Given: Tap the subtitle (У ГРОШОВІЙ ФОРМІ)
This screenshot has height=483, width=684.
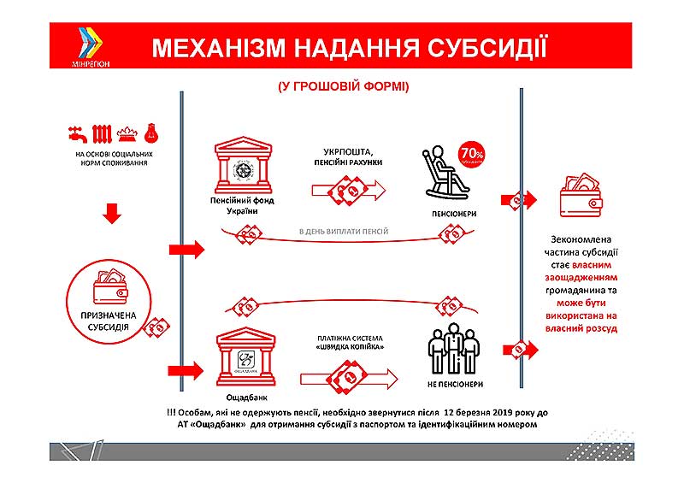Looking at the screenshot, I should tap(342, 86).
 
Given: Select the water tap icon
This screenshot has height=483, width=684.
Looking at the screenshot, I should tap(76, 135).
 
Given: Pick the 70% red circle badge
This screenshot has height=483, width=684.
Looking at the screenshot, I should tap(472, 154).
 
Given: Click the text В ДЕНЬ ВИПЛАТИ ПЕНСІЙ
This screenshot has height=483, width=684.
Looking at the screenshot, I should tap(343, 232).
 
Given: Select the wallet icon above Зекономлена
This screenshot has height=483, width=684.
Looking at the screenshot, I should tap(581, 199).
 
